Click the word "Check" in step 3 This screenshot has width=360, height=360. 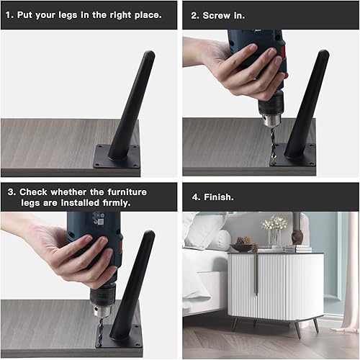35,192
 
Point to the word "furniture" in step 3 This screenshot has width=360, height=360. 124,192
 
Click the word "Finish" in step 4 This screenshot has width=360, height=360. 219,196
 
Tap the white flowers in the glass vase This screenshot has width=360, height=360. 274,224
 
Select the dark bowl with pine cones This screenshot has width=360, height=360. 242,246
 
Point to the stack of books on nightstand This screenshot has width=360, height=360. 297,248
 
